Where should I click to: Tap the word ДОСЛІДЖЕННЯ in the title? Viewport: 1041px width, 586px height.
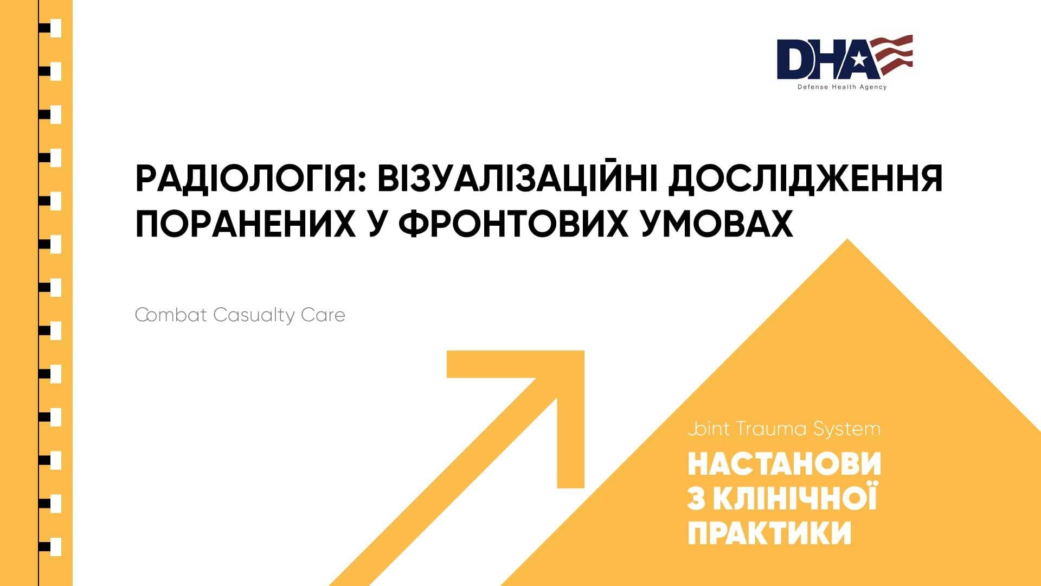(805, 179)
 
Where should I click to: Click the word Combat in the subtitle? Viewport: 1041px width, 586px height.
(171, 315)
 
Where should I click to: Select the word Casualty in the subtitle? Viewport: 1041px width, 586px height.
(253, 315)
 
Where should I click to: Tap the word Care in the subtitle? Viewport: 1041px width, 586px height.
(323, 315)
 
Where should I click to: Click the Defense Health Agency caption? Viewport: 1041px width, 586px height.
(841, 87)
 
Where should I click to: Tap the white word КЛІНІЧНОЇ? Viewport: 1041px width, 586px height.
(794, 499)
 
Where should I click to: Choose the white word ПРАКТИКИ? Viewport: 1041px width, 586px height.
(769, 532)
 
